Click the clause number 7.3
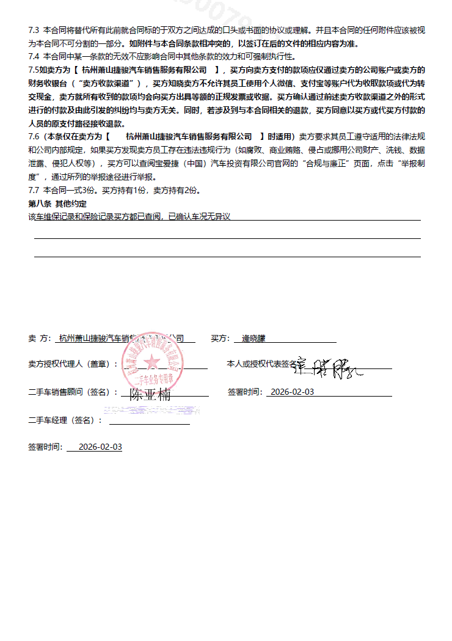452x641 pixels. tap(34, 30)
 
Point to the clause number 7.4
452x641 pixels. tap(34, 57)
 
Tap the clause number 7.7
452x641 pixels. tap(34, 191)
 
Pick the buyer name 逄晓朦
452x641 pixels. tap(253, 338)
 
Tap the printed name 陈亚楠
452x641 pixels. tap(150, 395)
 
